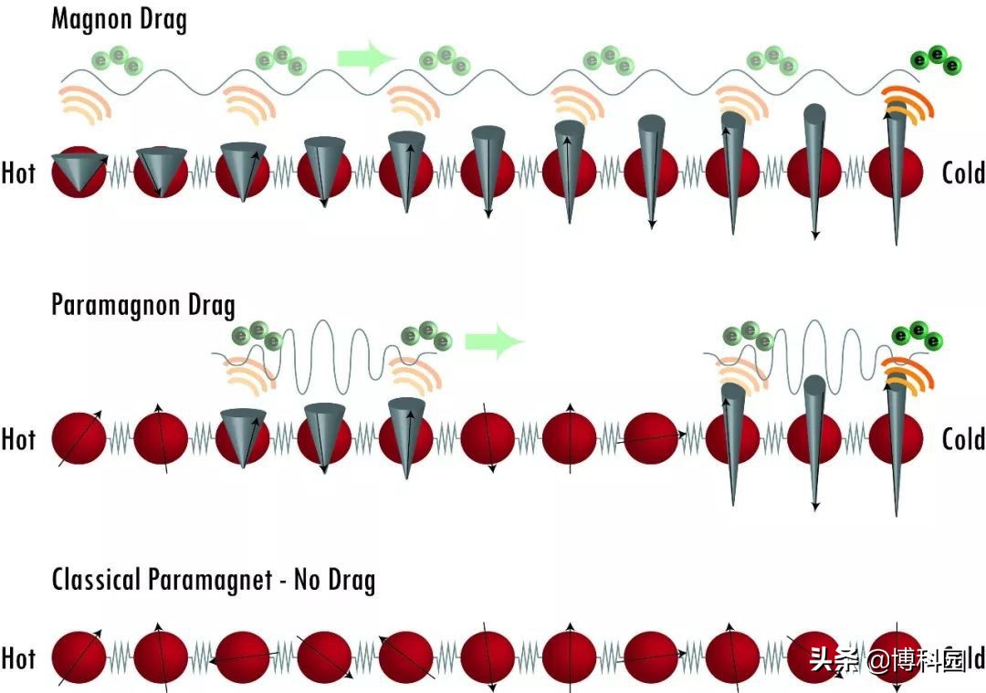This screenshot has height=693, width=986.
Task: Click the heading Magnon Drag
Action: [119, 19]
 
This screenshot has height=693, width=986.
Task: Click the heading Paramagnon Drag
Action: [143, 304]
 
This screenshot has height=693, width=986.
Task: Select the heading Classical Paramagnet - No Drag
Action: [213, 580]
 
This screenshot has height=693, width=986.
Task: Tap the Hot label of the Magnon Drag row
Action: [18, 173]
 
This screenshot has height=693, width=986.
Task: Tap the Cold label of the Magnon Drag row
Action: [963, 173]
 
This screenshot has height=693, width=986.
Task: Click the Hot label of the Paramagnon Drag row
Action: [18, 439]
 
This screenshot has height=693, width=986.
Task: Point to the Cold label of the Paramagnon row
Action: [963, 439]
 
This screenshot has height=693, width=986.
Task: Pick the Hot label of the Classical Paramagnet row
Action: [18, 658]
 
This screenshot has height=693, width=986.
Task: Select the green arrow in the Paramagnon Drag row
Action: [494, 341]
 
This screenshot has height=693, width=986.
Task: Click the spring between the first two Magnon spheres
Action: [121, 173]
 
